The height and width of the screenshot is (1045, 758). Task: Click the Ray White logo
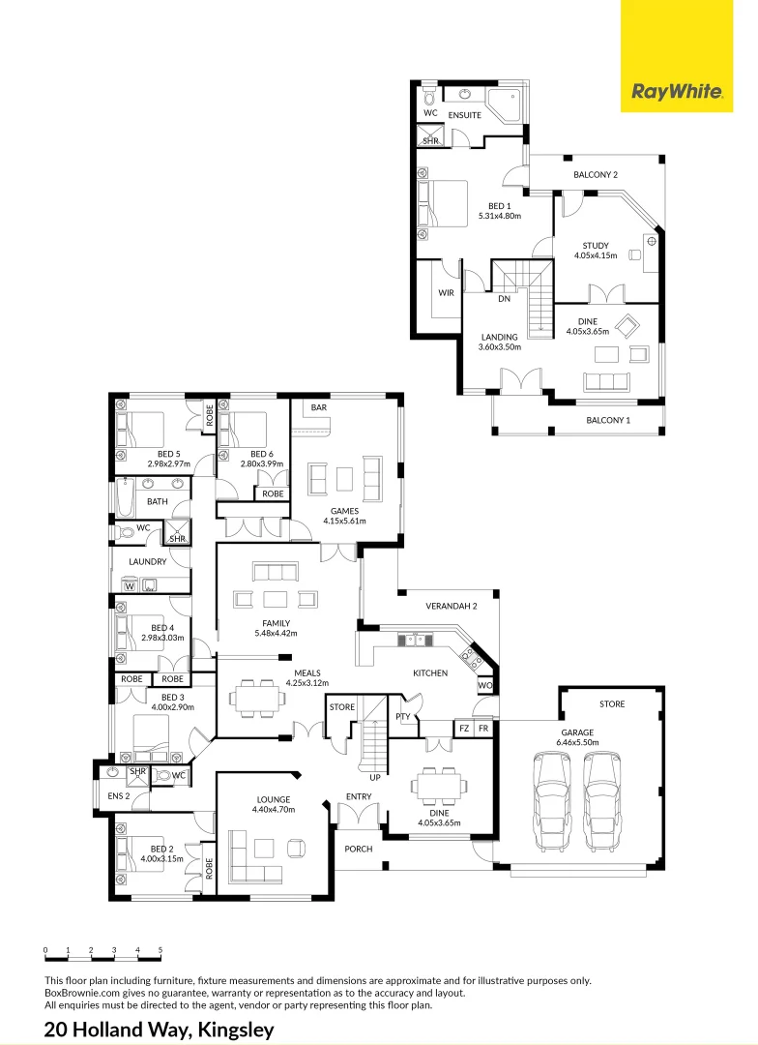coord(677,92)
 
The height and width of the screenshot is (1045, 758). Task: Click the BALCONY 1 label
coord(608,420)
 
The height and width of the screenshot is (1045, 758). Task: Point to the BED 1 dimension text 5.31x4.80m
coord(499,216)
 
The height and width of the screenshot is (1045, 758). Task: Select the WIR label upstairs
coord(446,292)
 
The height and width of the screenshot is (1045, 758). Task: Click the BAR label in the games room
coord(319,408)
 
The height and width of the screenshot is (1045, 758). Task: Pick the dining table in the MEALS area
coord(256,698)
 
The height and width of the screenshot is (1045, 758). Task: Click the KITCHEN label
coord(430,672)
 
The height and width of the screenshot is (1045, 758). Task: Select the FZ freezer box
coord(464,728)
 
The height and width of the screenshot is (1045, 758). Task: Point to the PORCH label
coord(358,849)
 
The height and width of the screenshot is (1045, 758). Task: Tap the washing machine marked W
coord(130,584)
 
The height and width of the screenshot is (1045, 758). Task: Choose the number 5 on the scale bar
coord(160,950)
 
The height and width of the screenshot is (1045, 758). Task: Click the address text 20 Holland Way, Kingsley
coord(160,1030)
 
